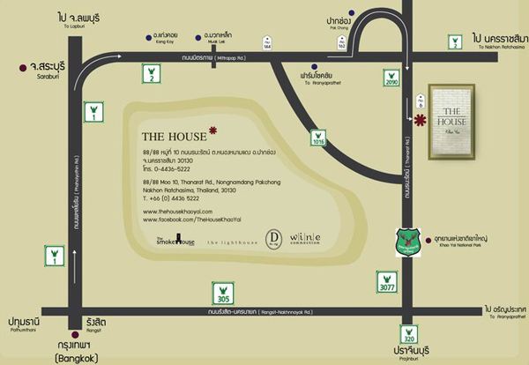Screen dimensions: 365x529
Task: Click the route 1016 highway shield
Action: pyautogui.click(x=319, y=138)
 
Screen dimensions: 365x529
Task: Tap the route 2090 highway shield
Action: pyautogui.click(x=392, y=78)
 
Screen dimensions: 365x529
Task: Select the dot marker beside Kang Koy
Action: pyautogui.click(x=145, y=37)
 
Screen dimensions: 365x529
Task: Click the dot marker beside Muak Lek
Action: pyautogui.click(x=200, y=37)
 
